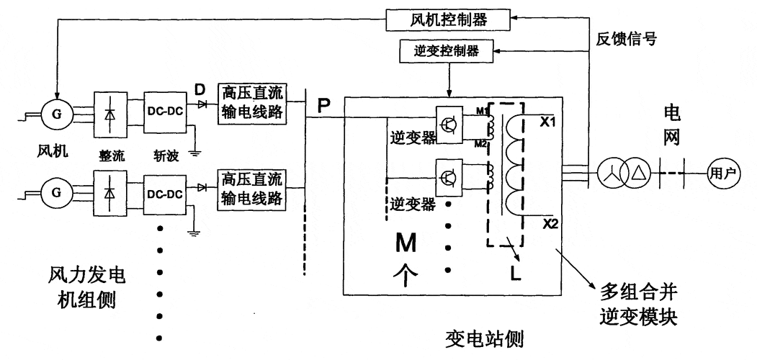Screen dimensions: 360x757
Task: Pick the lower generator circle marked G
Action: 54,192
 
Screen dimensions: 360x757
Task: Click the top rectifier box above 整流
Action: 109,114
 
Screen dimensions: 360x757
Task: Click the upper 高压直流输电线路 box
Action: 251,104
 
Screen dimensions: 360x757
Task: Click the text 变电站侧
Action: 484,337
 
